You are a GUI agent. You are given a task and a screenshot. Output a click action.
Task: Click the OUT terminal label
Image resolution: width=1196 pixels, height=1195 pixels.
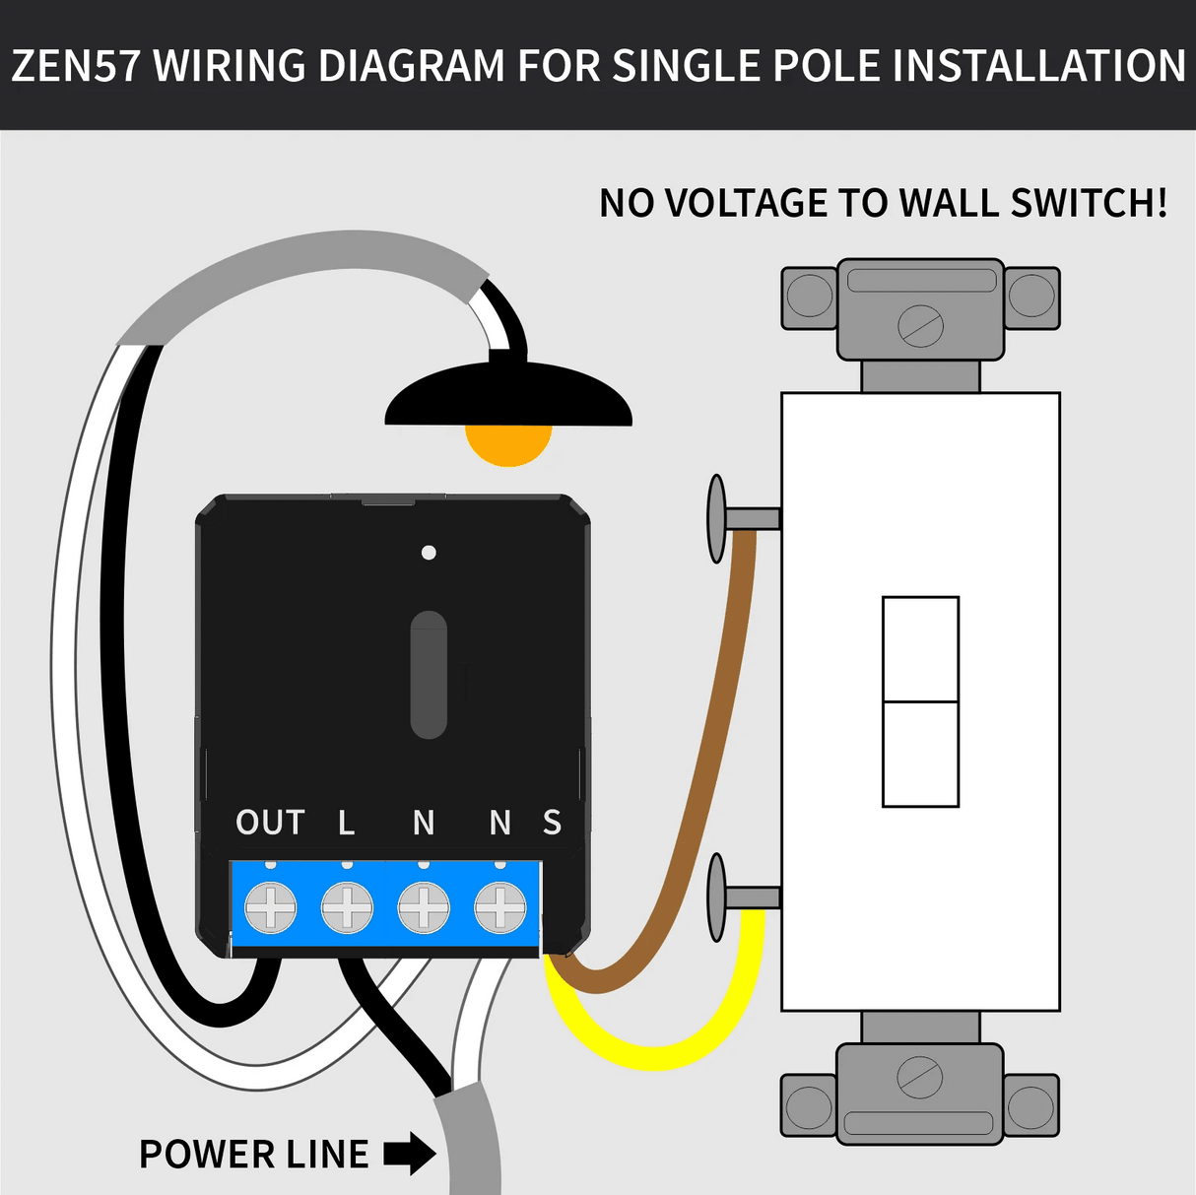point(270,823)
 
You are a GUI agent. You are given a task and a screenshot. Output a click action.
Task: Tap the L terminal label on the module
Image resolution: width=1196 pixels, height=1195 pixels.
point(346,823)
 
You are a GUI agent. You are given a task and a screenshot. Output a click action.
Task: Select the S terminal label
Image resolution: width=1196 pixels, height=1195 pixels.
point(552,823)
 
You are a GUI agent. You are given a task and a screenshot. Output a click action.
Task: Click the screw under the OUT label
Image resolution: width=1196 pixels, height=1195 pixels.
point(270,906)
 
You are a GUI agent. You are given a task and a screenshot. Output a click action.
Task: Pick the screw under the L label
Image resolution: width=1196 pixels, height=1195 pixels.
point(347,906)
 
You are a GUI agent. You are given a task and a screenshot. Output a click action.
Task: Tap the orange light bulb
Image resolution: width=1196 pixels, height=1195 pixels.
point(507,444)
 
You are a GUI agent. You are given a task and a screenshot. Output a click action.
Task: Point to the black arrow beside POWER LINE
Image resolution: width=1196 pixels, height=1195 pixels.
point(409,1154)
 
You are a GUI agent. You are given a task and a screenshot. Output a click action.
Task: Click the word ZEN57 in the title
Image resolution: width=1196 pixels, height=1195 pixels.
point(76,66)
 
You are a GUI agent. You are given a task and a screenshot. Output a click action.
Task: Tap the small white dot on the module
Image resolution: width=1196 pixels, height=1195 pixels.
point(429,553)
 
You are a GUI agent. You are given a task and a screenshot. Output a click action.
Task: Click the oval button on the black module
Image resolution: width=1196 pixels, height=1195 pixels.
point(429,675)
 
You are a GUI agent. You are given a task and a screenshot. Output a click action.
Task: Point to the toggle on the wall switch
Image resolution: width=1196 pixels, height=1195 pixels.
point(920,701)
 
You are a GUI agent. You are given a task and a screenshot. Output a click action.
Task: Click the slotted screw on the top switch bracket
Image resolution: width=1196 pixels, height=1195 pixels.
point(920,325)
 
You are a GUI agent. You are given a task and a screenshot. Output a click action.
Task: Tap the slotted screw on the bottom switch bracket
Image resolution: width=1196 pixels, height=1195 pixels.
point(920,1077)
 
